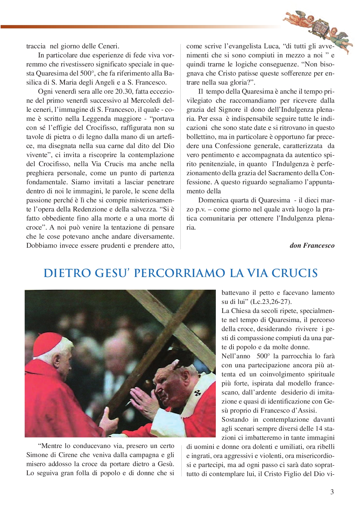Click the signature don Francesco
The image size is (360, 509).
312,245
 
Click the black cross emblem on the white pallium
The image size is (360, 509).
197,393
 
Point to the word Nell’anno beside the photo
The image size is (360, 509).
236,356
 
